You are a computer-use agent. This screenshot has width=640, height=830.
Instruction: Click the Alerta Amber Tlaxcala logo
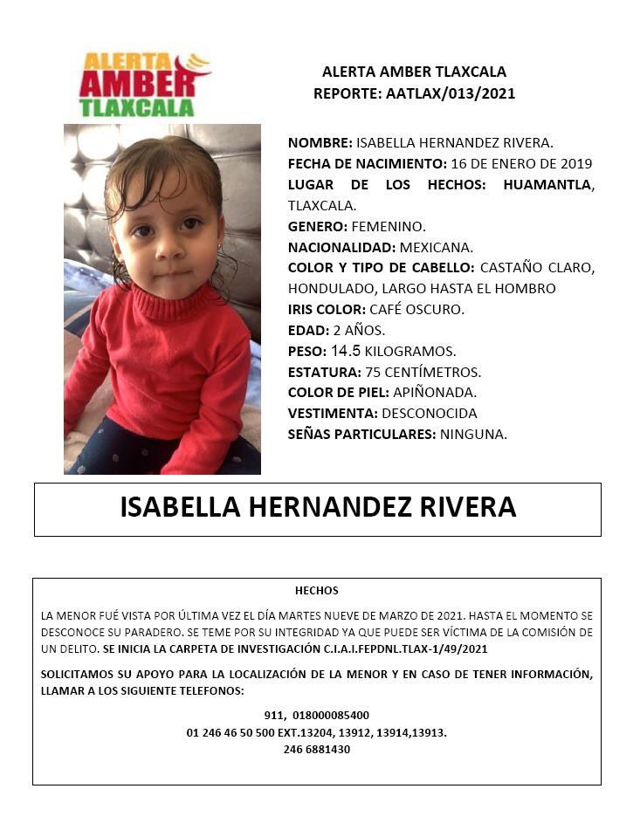(144, 85)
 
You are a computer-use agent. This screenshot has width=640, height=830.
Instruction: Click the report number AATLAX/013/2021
(451, 94)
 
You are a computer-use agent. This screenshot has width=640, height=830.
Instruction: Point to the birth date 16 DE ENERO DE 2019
(521, 164)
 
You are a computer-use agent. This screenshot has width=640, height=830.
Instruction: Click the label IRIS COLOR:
(327, 309)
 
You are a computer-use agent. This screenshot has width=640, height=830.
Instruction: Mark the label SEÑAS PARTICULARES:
(361, 434)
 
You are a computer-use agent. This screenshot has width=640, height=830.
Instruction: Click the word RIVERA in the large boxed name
(465, 508)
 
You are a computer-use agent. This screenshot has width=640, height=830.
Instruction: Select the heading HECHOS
(317, 591)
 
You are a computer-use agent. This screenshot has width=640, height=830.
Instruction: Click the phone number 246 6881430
(317, 749)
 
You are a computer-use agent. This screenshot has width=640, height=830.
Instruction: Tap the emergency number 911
(274, 716)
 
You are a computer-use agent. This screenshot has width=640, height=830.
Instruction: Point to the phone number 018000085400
(332, 716)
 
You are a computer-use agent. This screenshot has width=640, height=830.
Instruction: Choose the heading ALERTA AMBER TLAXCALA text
(414, 72)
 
